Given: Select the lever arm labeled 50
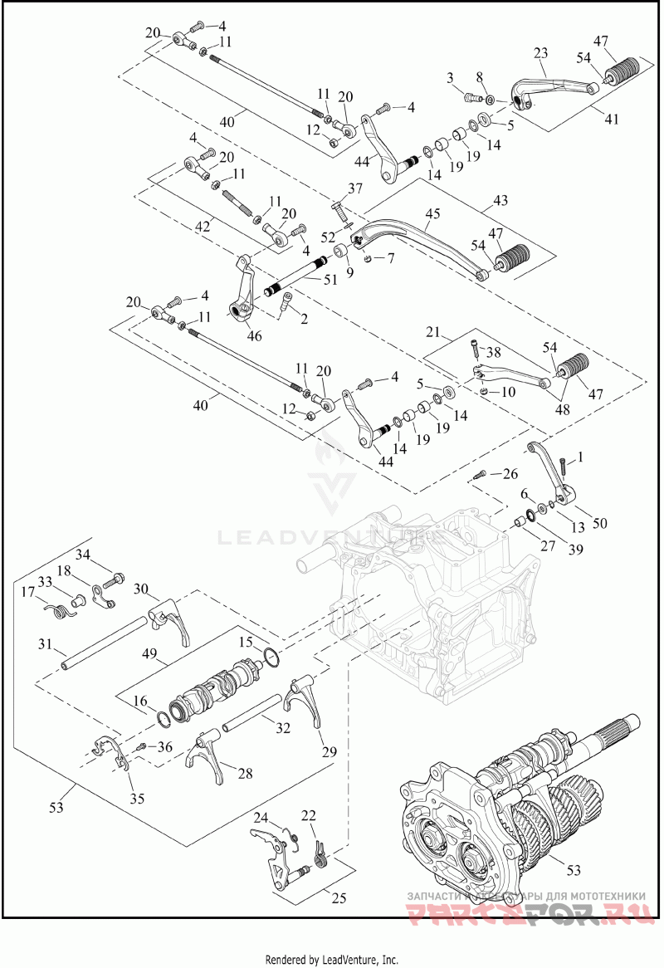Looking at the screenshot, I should pyautogui.click(x=551, y=474).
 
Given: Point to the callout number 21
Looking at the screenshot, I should pyautogui.click(x=432, y=332).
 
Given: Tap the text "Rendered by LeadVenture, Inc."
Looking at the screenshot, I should pyautogui.click(x=331, y=960).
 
